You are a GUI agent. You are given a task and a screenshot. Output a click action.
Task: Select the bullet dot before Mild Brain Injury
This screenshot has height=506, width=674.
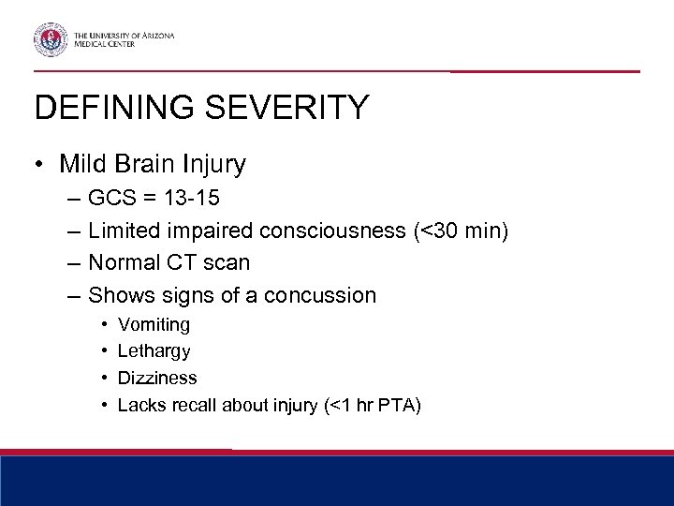[40, 165]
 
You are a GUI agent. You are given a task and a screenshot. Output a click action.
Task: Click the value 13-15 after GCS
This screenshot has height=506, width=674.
[197, 199]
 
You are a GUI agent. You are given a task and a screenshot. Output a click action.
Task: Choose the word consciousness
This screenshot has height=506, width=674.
[334, 231]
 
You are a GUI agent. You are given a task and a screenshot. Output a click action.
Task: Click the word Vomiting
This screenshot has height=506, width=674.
[154, 325]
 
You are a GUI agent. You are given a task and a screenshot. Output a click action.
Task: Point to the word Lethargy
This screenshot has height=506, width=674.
[154, 352]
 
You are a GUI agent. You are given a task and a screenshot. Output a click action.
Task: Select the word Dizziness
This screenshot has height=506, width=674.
[157, 379]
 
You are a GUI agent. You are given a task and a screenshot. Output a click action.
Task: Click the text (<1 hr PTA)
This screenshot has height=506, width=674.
[374, 405]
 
